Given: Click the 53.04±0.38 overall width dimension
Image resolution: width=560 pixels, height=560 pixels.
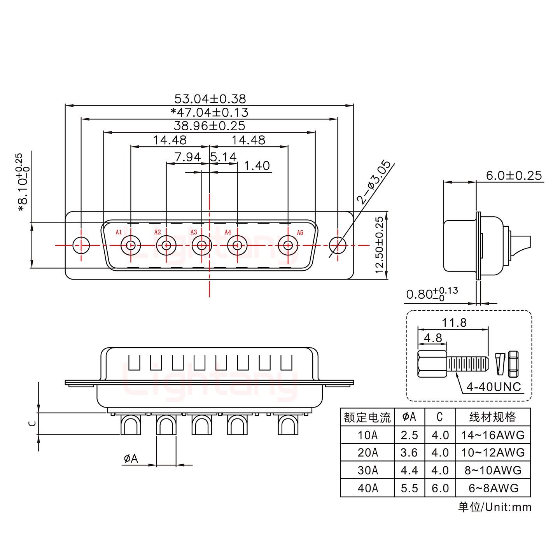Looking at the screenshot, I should tap(210, 99).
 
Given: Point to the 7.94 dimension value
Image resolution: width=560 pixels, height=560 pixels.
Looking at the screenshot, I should tap(187, 157).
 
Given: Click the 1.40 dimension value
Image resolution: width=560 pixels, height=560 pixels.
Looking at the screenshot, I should tap(257, 166).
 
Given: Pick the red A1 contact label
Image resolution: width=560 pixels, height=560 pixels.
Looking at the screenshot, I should tap(119, 233).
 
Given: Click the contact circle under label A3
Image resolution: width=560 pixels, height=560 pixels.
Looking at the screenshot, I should tap(201, 245).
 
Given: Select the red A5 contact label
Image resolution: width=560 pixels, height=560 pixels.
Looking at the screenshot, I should tap(300, 233).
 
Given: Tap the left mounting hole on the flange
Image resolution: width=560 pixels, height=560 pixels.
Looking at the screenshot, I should tap(81, 245).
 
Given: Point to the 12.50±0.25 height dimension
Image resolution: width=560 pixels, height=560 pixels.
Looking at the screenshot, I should tap(380, 245).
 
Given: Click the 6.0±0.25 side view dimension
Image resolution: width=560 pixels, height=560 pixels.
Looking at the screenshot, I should tap(513, 176).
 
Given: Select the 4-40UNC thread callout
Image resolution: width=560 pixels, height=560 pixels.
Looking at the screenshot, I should tap(493, 387).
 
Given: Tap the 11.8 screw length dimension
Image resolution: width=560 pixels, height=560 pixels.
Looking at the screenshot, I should tap(454, 322).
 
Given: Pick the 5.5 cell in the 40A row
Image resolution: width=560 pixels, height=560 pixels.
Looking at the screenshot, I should tap(409, 488).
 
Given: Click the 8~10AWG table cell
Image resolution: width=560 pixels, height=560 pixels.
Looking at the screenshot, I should tap(493, 470).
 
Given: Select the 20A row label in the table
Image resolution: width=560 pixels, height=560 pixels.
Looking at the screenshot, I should tap(367, 453).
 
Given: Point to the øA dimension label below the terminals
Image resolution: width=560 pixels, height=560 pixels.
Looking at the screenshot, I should tap(131, 459).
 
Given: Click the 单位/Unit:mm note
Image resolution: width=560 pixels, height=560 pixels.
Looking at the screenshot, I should tap(494, 507).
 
